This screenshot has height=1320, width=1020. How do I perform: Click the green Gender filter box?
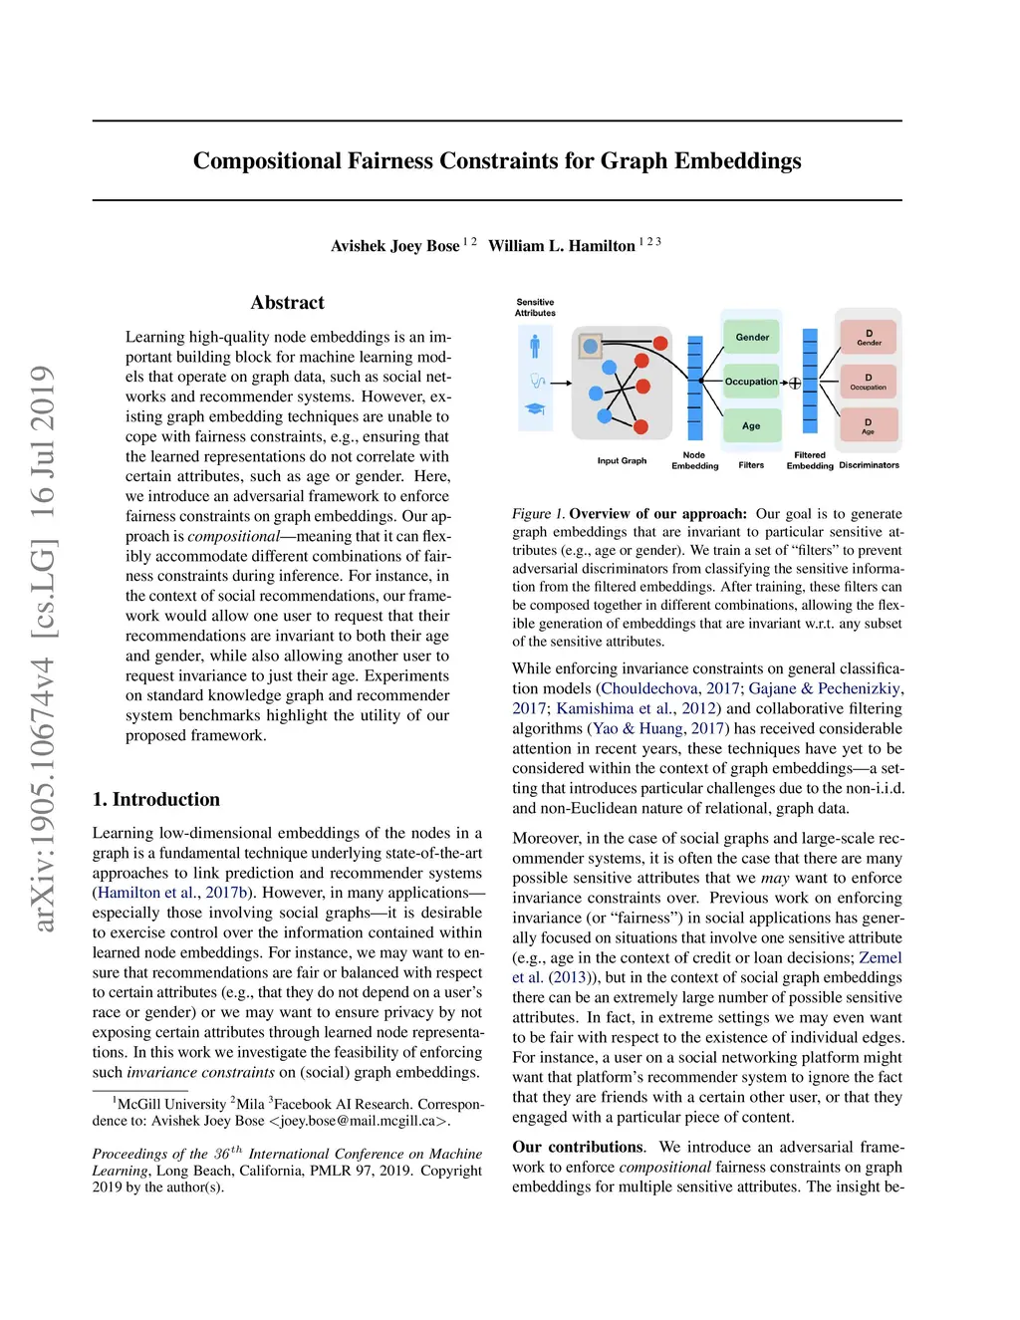tap(752, 338)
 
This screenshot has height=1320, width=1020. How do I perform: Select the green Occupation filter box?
tap(751, 382)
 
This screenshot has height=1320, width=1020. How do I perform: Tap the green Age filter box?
tap(751, 425)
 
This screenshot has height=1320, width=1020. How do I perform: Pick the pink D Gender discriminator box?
tap(869, 337)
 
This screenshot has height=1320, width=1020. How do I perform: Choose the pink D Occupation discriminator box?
tap(869, 382)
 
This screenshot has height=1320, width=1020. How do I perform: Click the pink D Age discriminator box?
tap(869, 425)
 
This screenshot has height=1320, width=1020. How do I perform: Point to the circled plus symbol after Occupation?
tap(795, 383)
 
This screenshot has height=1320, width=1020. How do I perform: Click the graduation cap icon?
tap(535, 408)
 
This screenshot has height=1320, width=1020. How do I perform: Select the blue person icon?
tap(535, 346)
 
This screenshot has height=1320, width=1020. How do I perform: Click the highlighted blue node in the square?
tap(590, 347)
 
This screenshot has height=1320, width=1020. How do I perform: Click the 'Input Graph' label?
tap(622, 460)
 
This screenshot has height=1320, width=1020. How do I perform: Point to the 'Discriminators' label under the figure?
tap(869, 465)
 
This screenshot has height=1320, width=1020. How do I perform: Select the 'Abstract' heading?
tap(287, 303)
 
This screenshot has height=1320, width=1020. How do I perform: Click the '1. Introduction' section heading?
tap(156, 799)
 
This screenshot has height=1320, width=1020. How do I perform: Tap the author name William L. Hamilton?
tap(562, 246)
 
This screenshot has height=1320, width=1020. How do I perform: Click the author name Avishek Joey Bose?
tap(395, 246)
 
